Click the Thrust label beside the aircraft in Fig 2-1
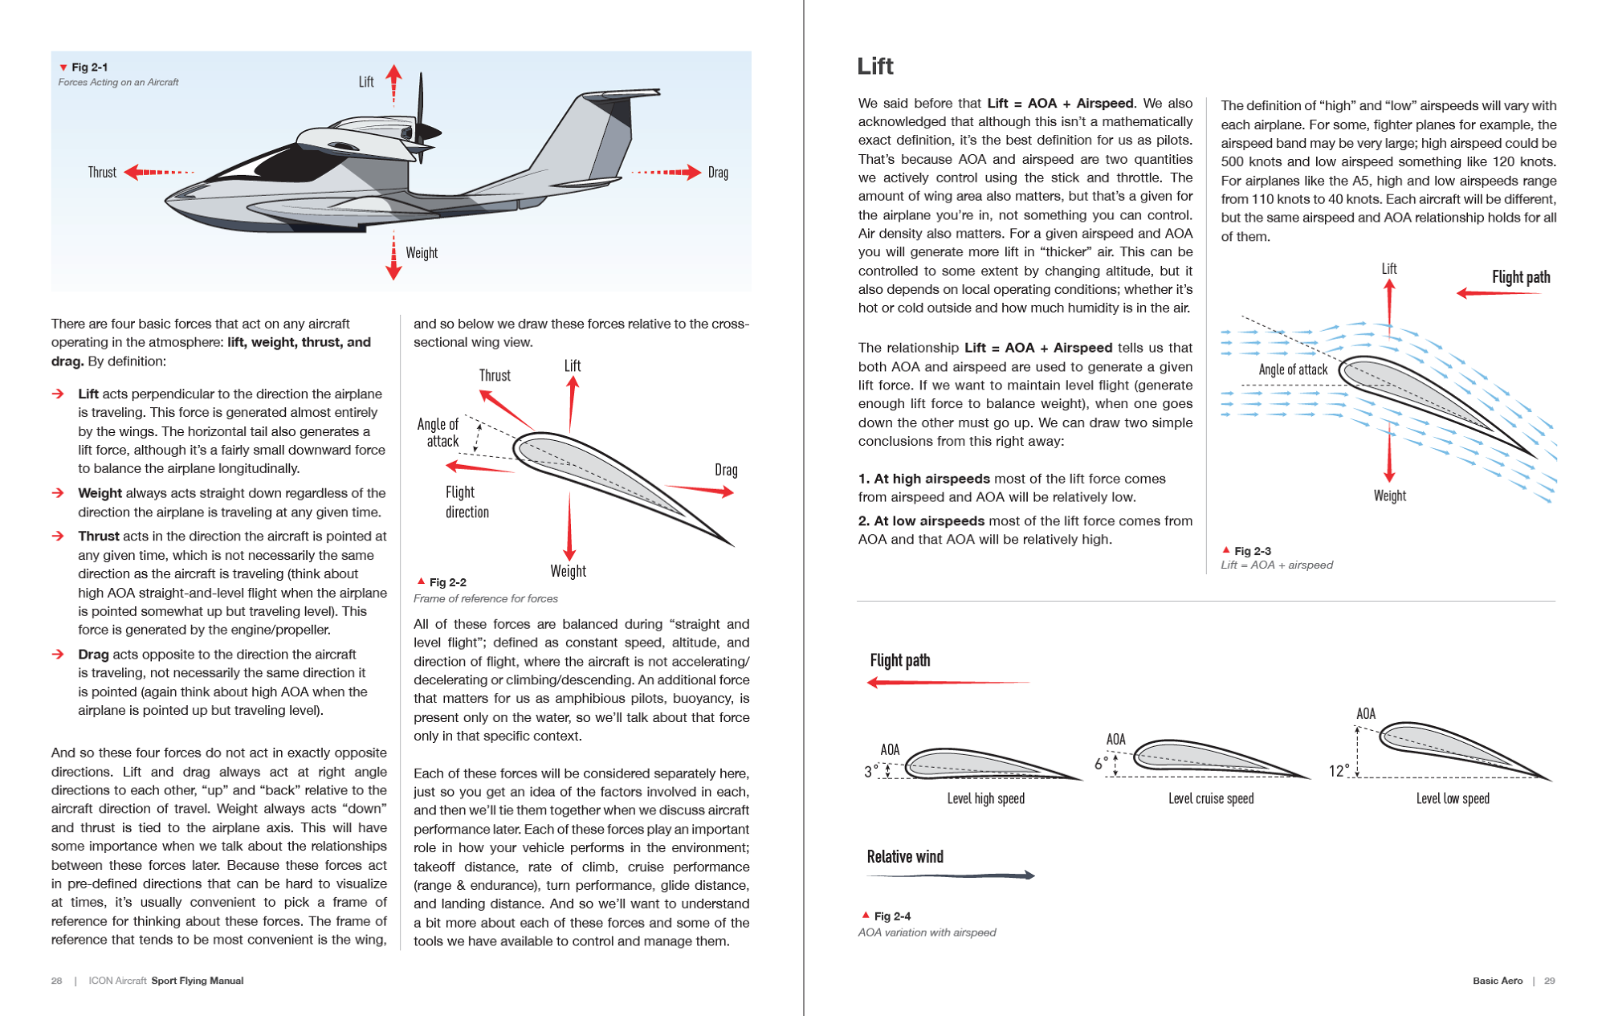click(x=102, y=173)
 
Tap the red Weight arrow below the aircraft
click(x=393, y=257)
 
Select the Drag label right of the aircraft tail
click(x=718, y=173)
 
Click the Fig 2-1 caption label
click(x=89, y=67)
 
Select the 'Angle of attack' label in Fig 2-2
click(x=438, y=432)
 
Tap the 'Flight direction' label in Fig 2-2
click(x=467, y=502)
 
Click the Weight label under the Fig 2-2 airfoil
click(x=568, y=571)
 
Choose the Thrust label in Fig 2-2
click(x=495, y=375)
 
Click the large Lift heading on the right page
click(x=875, y=66)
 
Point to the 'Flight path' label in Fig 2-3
click(x=1520, y=277)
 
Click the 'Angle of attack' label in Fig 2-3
click(x=1293, y=369)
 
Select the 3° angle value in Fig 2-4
click(x=871, y=772)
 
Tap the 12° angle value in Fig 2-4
click(x=1339, y=771)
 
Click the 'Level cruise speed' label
click(x=1211, y=798)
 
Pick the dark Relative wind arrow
click(x=952, y=875)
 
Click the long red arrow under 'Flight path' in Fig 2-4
click(x=948, y=683)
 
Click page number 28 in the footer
click(x=56, y=981)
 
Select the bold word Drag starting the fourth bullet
click(x=93, y=655)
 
